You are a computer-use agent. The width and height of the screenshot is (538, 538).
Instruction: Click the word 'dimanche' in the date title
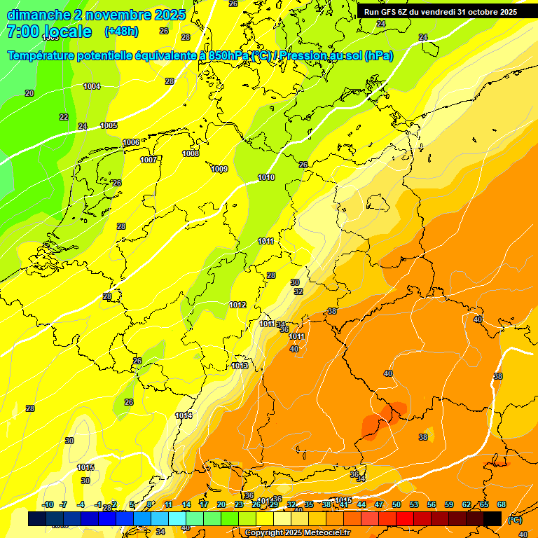pyautogui.click(x=39, y=15)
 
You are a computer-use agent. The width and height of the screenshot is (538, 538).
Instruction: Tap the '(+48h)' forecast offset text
pyautogui.click(x=121, y=32)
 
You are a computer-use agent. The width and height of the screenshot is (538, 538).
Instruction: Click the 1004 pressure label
pyautogui.click(x=92, y=86)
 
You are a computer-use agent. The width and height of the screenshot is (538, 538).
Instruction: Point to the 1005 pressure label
pyautogui.click(x=109, y=125)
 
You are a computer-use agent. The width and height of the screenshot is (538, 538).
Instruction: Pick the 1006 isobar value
pyautogui.click(x=131, y=142)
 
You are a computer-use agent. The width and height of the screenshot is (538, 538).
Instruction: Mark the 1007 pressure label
pyautogui.click(x=148, y=160)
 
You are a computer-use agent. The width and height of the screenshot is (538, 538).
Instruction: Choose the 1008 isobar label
pyautogui.click(x=191, y=153)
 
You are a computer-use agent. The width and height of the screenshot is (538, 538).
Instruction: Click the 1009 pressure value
pyautogui.click(x=219, y=169)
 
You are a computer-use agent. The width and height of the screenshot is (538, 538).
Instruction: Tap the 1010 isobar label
pyautogui.click(x=266, y=177)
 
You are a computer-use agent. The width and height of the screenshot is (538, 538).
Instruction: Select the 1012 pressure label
pyautogui.click(x=237, y=305)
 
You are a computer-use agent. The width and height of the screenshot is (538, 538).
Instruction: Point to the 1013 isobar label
pyautogui.click(x=240, y=366)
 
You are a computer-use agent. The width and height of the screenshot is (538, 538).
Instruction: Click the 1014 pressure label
pyautogui.click(x=184, y=415)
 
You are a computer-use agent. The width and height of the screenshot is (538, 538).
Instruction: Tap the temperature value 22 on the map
pyautogui.click(x=64, y=117)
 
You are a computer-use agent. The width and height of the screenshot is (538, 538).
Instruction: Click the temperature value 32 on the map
pyautogui.click(x=298, y=291)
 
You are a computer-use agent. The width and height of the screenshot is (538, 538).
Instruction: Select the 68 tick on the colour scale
pyautogui.click(x=502, y=504)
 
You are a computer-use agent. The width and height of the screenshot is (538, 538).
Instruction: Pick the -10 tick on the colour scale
pyautogui.click(x=48, y=504)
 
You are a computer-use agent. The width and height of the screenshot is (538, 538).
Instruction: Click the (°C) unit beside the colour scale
pyautogui.click(x=514, y=520)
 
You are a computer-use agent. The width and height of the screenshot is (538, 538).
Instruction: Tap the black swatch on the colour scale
pyautogui.click(x=492, y=518)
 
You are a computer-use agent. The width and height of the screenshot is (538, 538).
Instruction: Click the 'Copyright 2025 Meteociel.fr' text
pyautogui.click(x=297, y=532)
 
